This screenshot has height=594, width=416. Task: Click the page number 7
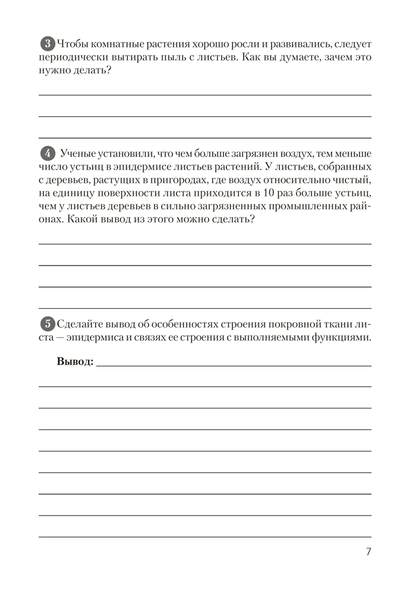pos(368,552)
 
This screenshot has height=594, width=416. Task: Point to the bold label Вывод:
pos(75,362)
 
